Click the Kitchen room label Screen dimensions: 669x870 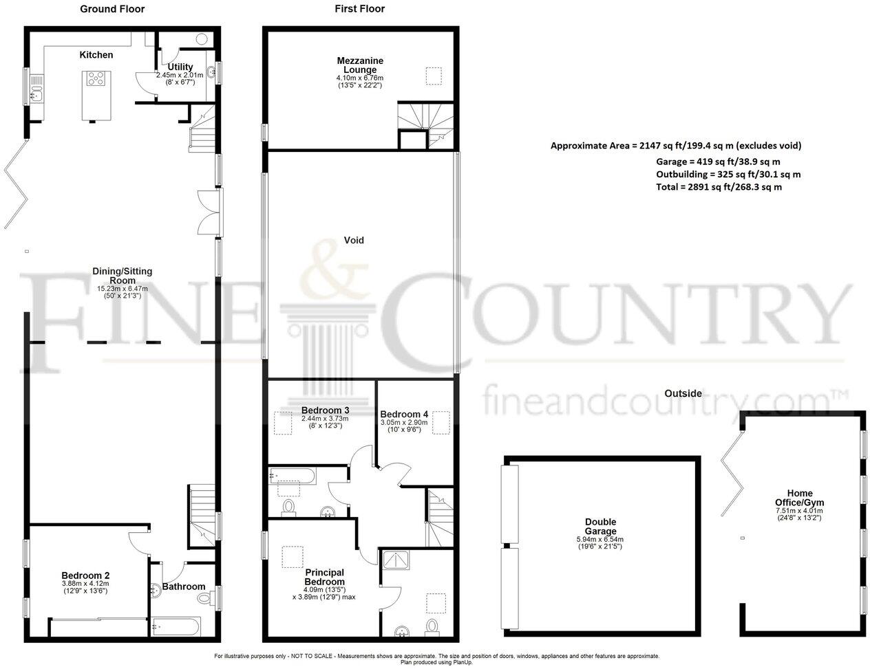pyautogui.click(x=96, y=55)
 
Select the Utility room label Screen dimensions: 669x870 pyautogui.click(x=176, y=67)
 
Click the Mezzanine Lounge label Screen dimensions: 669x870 pyautogui.click(x=360, y=65)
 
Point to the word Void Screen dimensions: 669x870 pyautogui.click(x=354, y=241)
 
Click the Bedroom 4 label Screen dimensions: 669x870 pyautogui.click(x=404, y=414)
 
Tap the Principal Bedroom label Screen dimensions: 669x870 pyautogui.click(x=324, y=577)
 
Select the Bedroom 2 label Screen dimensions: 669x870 pyautogui.click(x=86, y=576)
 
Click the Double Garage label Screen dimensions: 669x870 pyautogui.click(x=601, y=527)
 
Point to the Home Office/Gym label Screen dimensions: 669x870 pyautogui.click(x=799, y=498)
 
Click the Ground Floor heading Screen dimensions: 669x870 pyautogui.click(x=112, y=9)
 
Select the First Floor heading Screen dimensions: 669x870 pyautogui.click(x=359, y=9)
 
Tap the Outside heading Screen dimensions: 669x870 pyautogui.click(x=683, y=393)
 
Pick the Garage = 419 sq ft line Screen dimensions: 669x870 pyautogui.click(x=728, y=161)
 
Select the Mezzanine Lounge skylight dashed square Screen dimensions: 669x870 pyautogui.click(x=434, y=76)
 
